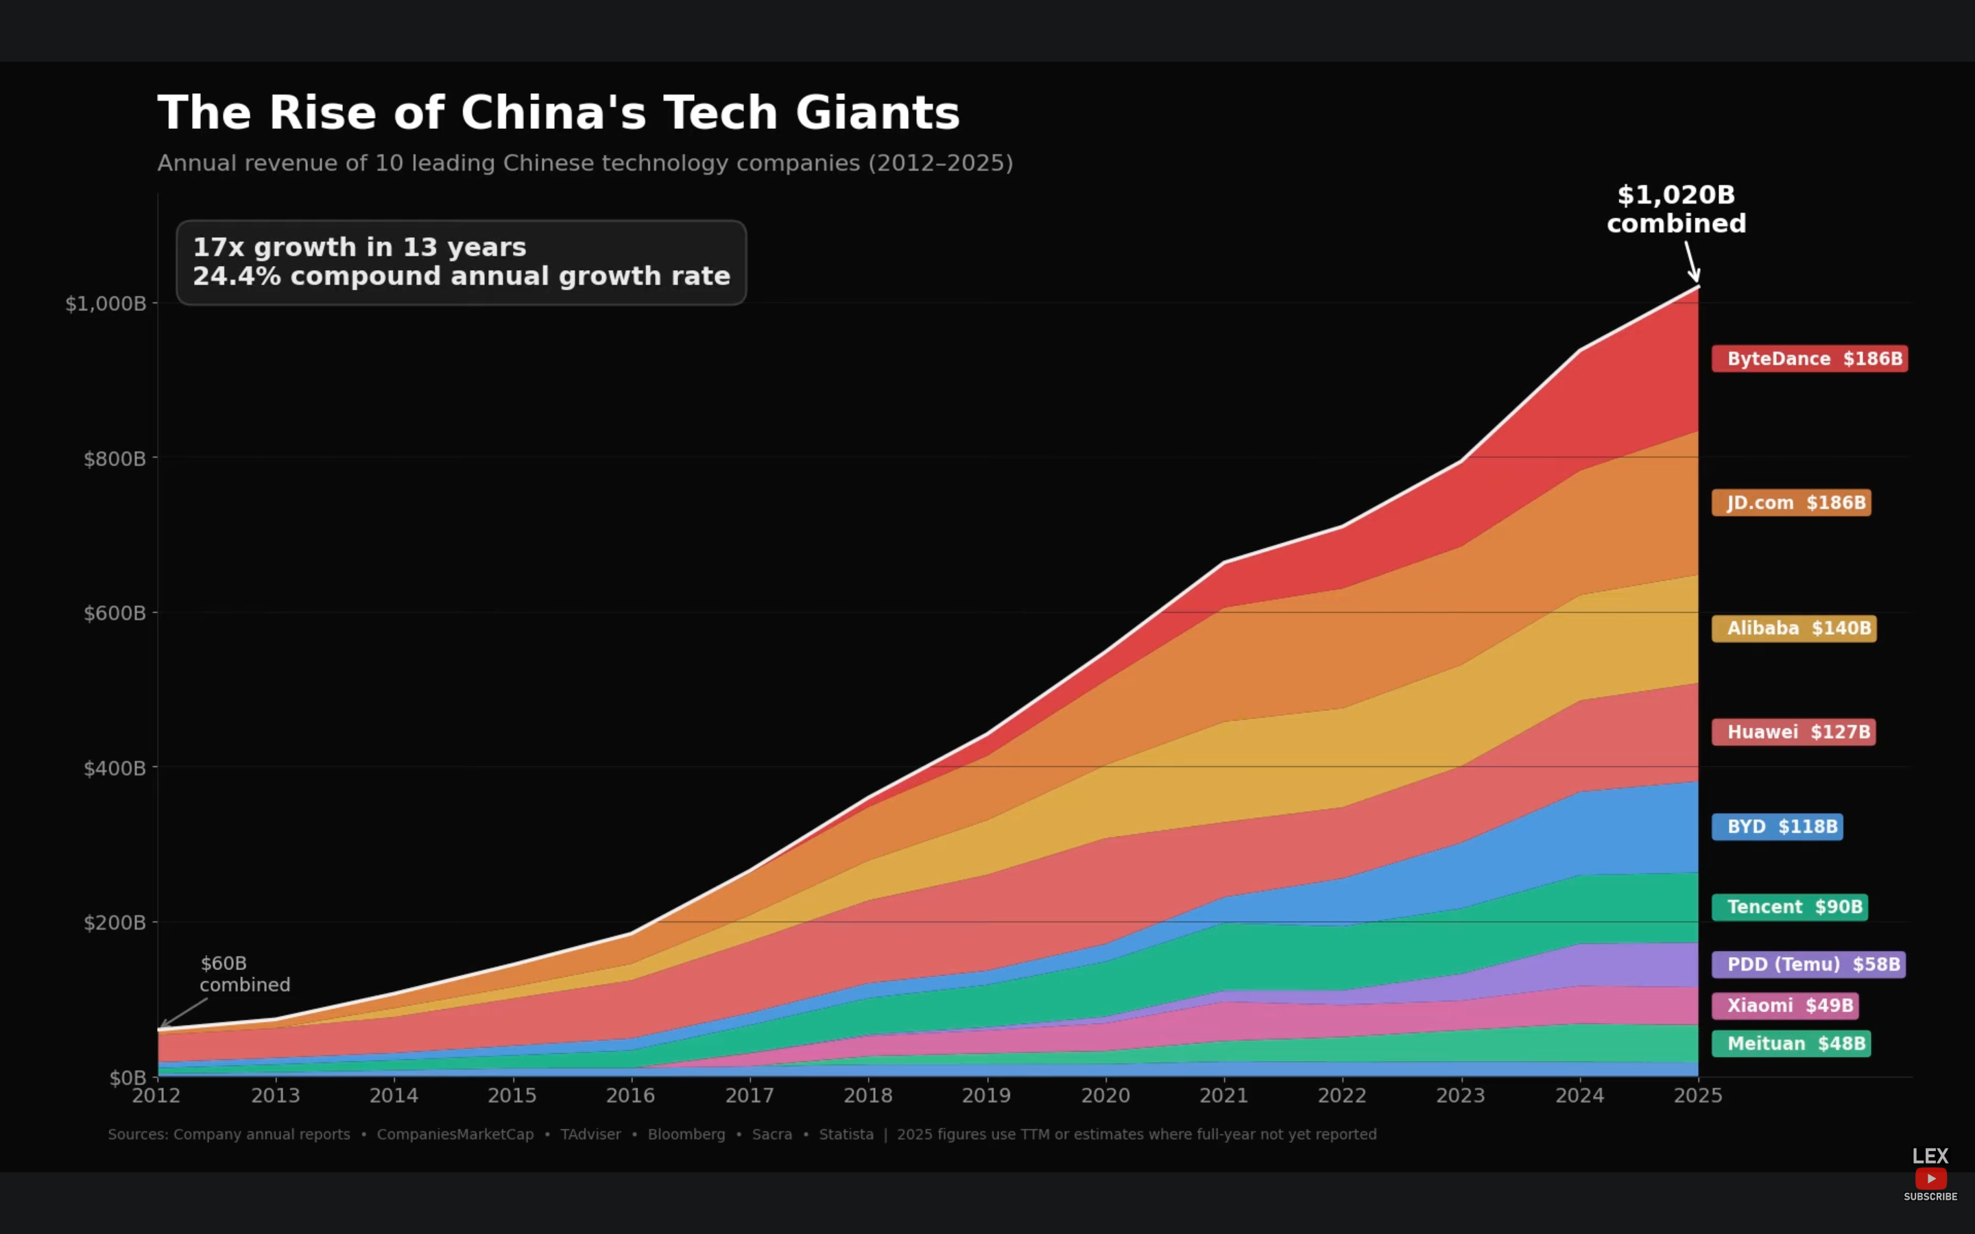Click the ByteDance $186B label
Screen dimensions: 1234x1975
tap(1809, 359)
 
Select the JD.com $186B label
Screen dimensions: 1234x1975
tap(1791, 503)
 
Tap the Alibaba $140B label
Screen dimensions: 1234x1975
tap(1794, 629)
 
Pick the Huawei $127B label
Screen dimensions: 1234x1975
tap(1793, 732)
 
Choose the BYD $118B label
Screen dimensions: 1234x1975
tap(1777, 827)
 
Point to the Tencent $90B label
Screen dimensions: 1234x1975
tap(1789, 907)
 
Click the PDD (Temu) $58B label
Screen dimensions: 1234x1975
tap(1808, 965)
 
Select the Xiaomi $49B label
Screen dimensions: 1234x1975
tap(1785, 1006)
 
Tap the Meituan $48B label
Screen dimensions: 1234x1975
tap(1791, 1044)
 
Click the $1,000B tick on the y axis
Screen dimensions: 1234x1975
tap(106, 304)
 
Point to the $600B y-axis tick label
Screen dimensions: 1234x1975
tap(115, 613)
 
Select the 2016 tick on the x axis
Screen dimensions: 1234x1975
tap(630, 1096)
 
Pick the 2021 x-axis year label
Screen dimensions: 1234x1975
tap(1223, 1096)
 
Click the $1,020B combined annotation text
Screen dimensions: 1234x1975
tap(1676, 209)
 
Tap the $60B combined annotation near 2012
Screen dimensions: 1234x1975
tap(244, 974)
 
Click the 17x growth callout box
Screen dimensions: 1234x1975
tap(461, 262)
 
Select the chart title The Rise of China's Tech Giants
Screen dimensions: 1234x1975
tap(558, 112)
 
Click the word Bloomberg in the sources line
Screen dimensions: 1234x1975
tap(686, 1135)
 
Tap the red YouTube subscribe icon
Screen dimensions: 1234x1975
tap(1930, 1178)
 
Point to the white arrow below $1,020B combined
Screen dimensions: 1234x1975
tap(1692, 261)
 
